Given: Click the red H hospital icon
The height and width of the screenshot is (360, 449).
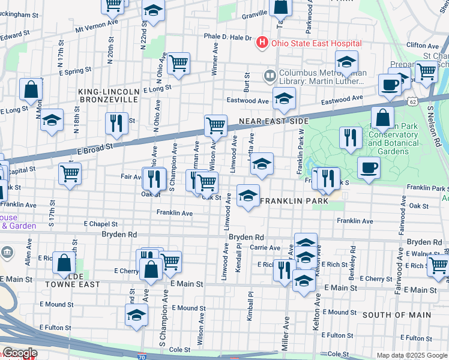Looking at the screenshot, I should pos(262,43).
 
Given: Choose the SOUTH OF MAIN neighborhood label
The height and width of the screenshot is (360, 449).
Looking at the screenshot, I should pos(396,315).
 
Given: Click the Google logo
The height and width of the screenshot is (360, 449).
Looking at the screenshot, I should pos(19,353).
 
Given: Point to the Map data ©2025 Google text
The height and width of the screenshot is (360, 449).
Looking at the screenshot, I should pos(412,355).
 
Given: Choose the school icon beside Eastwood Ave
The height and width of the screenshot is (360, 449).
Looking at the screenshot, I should pos(284,98).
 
